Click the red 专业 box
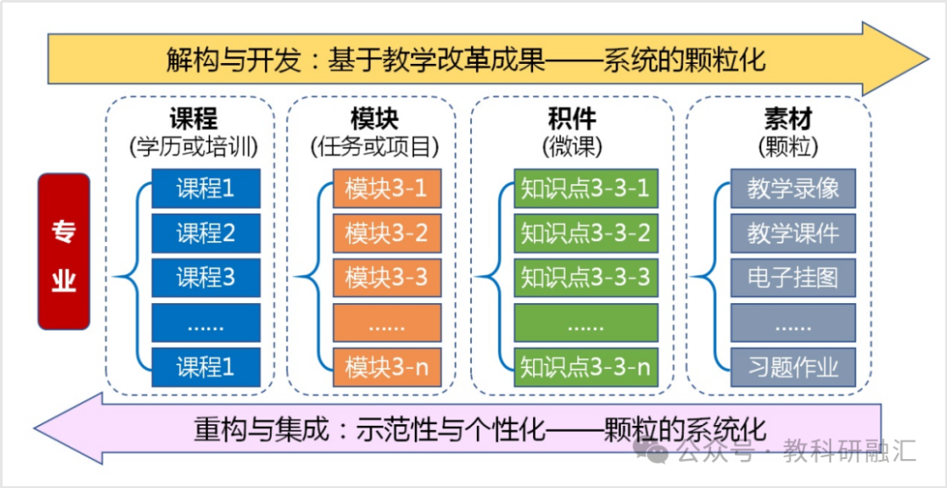tap(63, 251)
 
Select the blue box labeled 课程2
tap(205, 233)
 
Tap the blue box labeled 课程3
tap(205, 278)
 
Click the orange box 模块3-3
tap(387, 278)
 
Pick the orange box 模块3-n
tap(387, 367)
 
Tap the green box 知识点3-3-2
tap(585, 233)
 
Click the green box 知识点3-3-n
tap(585, 367)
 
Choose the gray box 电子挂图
tap(793, 278)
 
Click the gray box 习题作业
tap(793, 367)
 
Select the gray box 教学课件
tap(793, 233)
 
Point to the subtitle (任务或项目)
tap(374, 146)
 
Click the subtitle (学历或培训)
tap(193, 146)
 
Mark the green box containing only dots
tap(585, 322)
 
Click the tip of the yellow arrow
tap(929, 59)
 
